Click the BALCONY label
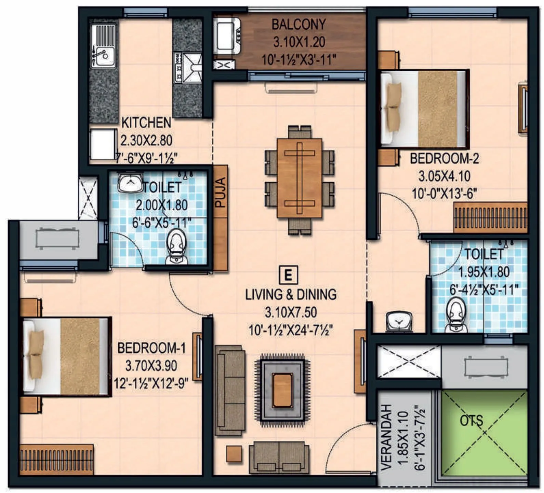tap(298, 25)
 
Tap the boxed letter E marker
tap(288, 274)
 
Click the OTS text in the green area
tap(471, 421)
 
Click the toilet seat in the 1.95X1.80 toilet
tap(456, 314)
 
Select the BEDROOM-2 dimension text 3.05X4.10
tap(444, 177)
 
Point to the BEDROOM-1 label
tap(151, 348)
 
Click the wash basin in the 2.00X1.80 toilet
tap(130, 183)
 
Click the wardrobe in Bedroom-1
tap(56, 459)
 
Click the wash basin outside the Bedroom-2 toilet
tap(398, 321)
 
